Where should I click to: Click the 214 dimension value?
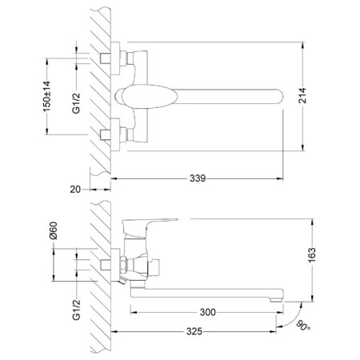303,95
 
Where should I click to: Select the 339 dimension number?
198,178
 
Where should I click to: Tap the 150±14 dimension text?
46,96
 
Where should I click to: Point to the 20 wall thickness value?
75,190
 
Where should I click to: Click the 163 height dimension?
312,255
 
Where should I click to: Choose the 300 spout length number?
208,312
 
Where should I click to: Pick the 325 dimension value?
194,332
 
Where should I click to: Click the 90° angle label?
303,326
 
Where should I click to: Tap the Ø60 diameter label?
54,230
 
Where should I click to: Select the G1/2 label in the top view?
76,103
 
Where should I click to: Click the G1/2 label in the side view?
76,310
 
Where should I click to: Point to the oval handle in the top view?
150,97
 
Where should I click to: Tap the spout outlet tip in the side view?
275,300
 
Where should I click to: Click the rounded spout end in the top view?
278,96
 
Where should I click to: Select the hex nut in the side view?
123,265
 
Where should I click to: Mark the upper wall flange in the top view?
115,58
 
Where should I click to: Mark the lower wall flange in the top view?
115,134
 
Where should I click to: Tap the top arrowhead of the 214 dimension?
303,45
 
